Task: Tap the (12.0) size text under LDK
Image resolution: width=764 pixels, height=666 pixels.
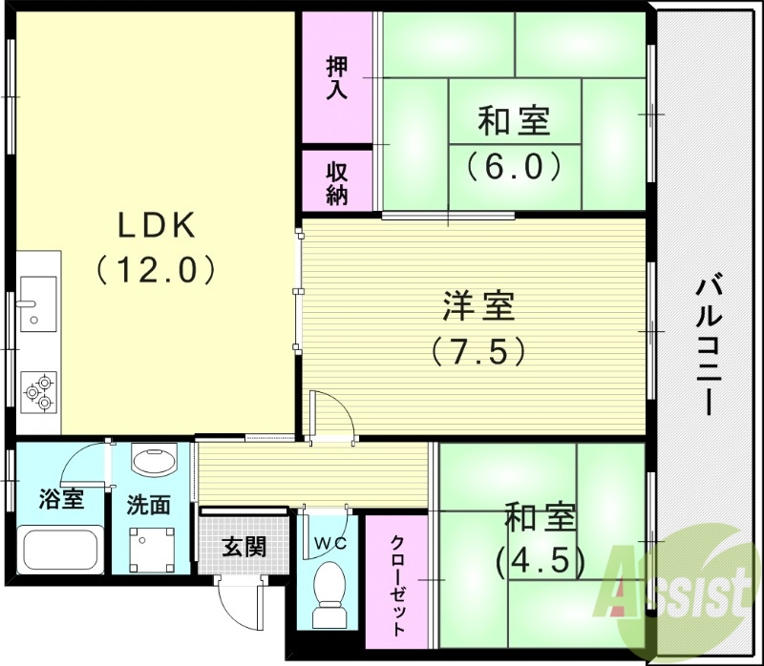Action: click(x=159, y=270)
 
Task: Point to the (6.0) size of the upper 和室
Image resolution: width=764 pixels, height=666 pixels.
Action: click(x=513, y=167)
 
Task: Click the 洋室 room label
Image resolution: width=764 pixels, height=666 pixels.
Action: click(x=478, y=307)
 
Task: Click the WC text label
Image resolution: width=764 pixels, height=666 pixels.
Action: click(x=328, y=544)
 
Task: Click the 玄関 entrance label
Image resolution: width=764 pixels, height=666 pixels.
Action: click(x=243, y=548)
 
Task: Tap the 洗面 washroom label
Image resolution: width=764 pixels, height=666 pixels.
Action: click(x=149, y=504)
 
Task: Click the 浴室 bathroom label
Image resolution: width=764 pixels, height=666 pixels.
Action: click(x=60, y=498)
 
